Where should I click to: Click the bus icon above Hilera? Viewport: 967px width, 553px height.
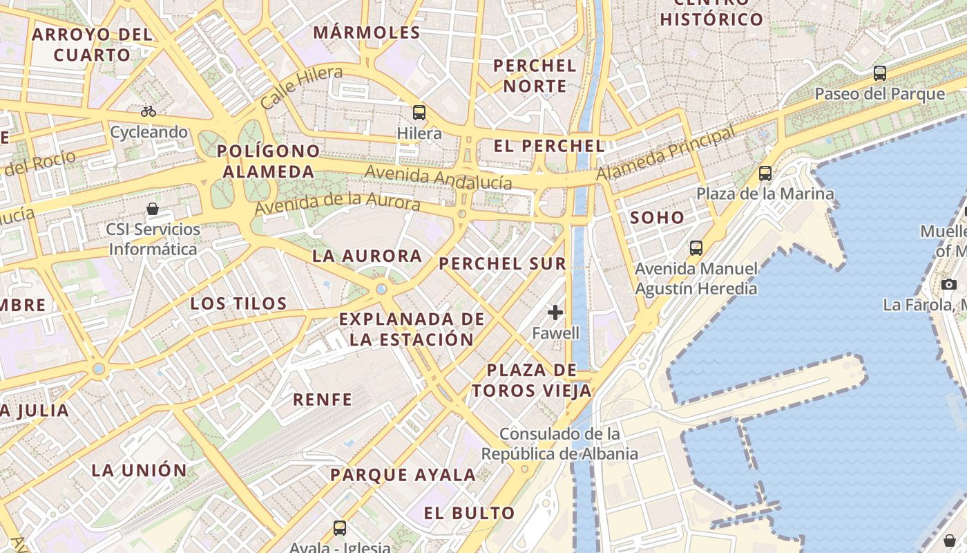click(419, 112)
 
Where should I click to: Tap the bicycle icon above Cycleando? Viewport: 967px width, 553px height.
click(149, 111)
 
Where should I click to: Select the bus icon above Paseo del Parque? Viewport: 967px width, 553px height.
click(880, 73)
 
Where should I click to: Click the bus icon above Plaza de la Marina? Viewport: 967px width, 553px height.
click(765, 173)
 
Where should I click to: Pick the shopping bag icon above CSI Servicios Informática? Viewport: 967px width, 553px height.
click(153, 208)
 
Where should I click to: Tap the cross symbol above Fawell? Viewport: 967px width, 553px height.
click(555, 312)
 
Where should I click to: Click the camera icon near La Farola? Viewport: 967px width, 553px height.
click(949, 284)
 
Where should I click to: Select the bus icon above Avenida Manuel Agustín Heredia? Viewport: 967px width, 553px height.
click(696, 247)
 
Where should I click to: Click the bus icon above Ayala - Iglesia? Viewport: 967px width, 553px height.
click(339, 528)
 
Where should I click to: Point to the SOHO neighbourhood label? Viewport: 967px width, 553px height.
click(657, 218)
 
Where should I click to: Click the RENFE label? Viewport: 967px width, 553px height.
click(323, 399)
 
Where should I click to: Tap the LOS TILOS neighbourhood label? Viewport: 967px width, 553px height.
click(238, 303)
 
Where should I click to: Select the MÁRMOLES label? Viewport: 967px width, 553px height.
click(367, 32)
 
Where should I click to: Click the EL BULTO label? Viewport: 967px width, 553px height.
click(470, 513)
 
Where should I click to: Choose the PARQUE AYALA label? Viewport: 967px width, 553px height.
click(403, 475)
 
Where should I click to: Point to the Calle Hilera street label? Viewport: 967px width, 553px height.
click(301, 87)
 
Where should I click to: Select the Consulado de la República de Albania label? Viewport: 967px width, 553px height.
click(559, 444)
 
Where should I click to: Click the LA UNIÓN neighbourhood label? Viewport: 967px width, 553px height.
click(140, 470)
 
